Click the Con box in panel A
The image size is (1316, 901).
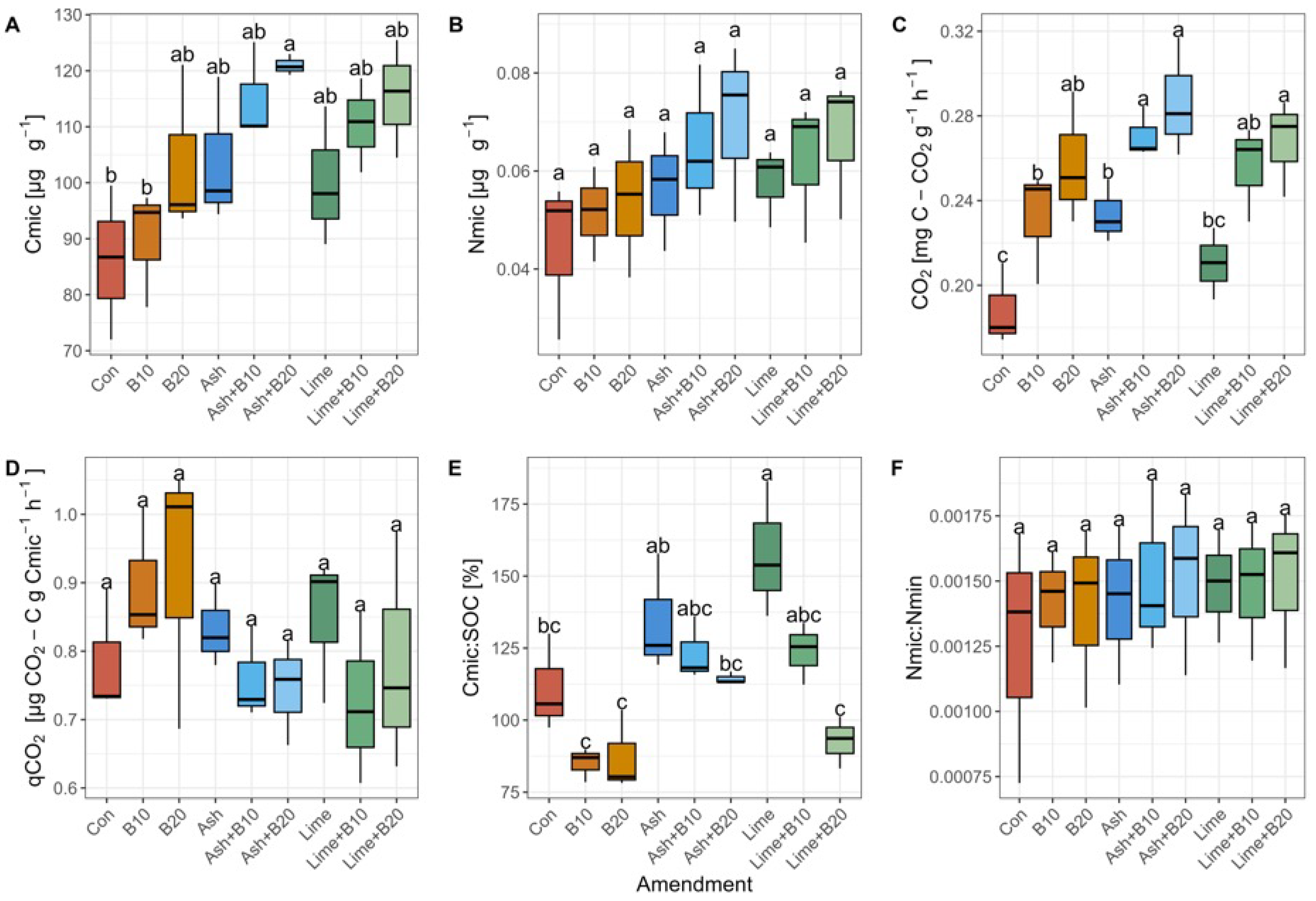pos(111,260)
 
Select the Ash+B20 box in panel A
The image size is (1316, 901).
pos(290,66)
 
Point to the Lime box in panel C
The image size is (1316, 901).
pos(1213,263)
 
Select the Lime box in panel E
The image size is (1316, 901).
pos(767,557)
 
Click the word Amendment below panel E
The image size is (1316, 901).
pos(694,883)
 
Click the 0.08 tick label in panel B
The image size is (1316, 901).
pos(513,74)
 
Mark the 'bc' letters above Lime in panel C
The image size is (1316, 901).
pos(1213,220)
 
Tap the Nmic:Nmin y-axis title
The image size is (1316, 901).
pos(914,628)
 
